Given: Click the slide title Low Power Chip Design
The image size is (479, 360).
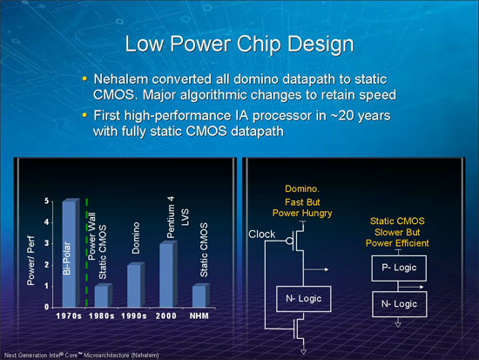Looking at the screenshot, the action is click(x=239, y=44).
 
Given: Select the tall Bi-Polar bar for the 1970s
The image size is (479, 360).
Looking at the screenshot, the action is click(x=71, y=253).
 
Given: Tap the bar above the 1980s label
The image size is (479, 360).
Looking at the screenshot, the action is click(x=104, y=295).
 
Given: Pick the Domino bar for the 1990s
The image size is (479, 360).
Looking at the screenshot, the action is click(x=136, y=284).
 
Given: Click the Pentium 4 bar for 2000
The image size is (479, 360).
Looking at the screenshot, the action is click(x=168, y=274).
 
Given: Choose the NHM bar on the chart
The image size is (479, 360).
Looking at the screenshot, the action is click(x=200, y=295).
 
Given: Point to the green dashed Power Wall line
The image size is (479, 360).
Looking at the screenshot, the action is click(x=87, y=252).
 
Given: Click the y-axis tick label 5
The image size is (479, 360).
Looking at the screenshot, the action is click(x=46, y=201).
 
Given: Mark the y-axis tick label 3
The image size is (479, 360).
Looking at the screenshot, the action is click(x=46, y=243).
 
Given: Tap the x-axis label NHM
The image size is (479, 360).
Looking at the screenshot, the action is click(x=199, y=316).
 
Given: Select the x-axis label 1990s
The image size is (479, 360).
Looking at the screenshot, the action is click(x=133, y=316).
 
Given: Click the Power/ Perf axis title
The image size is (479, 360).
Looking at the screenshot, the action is click(x=30, y=261).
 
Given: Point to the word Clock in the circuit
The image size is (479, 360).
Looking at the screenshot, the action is click(x=262, y=234).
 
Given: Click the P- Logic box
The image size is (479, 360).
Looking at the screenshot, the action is click(x=399, y=268).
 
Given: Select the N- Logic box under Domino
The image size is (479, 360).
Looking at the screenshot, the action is click(x=304, y=299).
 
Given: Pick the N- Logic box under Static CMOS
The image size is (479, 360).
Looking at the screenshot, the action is click(x=399, y=304).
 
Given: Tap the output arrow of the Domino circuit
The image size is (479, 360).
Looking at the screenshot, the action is click(x=316, y=269).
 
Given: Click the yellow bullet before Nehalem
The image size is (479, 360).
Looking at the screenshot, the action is click(x=84, y=78).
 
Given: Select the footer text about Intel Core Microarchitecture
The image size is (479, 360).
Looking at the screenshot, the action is click(x=81, y=355).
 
